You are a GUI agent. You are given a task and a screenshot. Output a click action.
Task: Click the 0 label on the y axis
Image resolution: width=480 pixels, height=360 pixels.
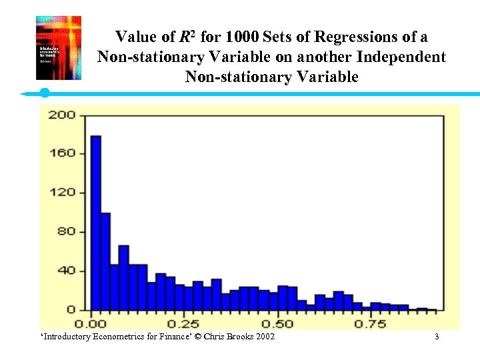[70, 310]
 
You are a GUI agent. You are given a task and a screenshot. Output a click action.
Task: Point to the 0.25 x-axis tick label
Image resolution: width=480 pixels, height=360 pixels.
[182, 324]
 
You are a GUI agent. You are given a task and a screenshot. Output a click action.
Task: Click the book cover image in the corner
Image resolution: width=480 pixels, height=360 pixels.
[58, 48]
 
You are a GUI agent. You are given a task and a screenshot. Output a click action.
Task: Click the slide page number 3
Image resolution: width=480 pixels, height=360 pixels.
[437, 337]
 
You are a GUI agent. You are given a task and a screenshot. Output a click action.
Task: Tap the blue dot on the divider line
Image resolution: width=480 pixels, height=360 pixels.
[45, 93]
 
